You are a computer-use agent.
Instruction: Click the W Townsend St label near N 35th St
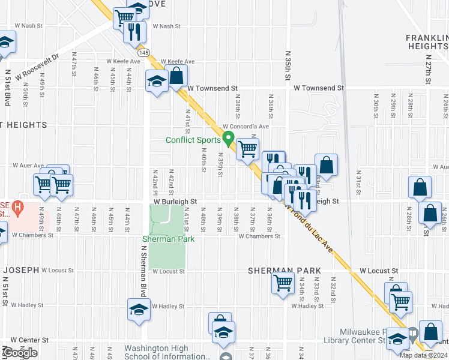click(x=318, y=88)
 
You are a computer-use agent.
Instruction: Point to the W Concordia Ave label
click(x=246, y=127)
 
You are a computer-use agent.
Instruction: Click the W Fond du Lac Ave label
click(x=313, y=236)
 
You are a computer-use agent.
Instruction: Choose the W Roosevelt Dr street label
click(x=39, y=67)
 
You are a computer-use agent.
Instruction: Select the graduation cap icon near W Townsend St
click(x=156, y=81)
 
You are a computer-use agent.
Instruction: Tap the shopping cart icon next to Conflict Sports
click(x=247, y=149)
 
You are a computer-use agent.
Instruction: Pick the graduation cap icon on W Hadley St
click(x=139, y=310)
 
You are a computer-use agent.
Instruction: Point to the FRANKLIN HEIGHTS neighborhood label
click(x=427, y=41)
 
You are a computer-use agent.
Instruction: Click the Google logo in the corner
click(x=20, y=353)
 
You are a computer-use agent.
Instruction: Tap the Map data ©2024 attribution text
click(x=423, y=355)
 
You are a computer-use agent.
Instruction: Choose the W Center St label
click(x=29, y=340)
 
